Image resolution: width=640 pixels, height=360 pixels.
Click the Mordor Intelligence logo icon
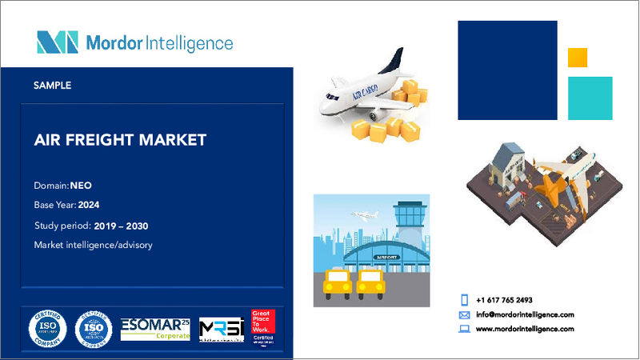(57, 42)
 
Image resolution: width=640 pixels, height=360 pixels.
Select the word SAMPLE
(53, 84)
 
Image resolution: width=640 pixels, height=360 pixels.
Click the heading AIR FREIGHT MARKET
(121, 140)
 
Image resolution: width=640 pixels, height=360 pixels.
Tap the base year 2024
(100, 205)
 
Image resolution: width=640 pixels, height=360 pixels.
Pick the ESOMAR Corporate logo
(155, 329)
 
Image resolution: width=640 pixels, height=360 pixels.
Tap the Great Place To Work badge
(262, 328)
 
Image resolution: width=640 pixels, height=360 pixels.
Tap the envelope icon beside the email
(464, 314)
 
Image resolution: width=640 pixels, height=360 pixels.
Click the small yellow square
(578, 58)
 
